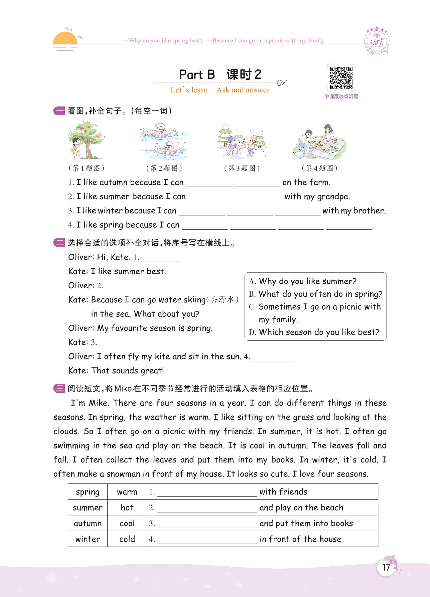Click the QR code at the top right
341,78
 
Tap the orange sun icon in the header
65,39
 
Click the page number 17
386,567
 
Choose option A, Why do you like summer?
307,281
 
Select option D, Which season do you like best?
319,332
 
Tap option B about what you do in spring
320,294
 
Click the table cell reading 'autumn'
88,523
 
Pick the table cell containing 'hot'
127,508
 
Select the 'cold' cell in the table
127,539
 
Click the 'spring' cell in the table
88,492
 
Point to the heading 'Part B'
197,74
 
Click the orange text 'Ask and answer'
243,90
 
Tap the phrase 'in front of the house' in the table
300,539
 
